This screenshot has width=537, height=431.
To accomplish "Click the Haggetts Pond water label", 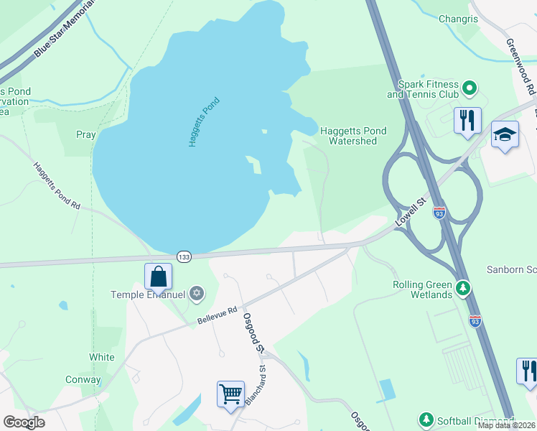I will coord(204,122).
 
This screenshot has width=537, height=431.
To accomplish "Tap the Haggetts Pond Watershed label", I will coord(352,136).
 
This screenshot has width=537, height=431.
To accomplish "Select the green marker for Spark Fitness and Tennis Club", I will coord(470,89).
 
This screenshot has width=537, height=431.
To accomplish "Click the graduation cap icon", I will coord(505,134).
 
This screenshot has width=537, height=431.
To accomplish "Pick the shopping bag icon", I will coord(158,276).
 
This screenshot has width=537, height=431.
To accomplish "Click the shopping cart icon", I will coord(230,394).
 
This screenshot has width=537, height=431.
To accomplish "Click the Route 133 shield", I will coord(184,256).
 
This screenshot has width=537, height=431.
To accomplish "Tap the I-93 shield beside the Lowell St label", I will coord(439,213).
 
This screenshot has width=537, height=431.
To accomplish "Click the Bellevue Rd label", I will coord(217,316).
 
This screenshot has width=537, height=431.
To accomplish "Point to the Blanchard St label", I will coord(256,387).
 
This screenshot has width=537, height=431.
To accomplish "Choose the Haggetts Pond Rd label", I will coord(56,185).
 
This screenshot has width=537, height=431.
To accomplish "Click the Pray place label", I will coord(85,134).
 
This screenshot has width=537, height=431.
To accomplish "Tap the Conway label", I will coord(83,380).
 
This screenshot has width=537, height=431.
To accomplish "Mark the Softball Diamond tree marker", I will coord(426,420).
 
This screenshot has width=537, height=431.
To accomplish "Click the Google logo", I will coord(24,422).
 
